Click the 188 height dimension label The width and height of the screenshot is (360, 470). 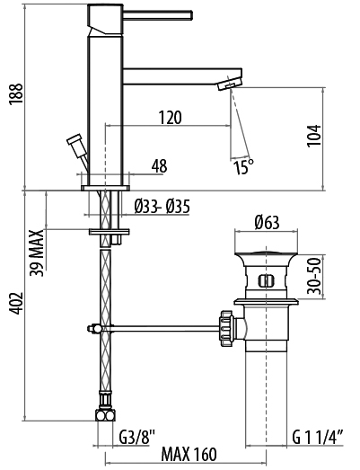click(16, 93)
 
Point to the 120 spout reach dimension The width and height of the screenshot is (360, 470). click(170, 117)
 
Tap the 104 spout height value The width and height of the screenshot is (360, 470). click(314, 136)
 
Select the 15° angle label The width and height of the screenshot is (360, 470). click(244, 166)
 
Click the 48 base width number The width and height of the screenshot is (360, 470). click(159, 165)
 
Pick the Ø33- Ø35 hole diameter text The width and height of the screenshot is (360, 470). click(162, 207)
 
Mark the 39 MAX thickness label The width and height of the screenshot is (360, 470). click(37, 253)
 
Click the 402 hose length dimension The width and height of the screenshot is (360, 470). click(16, 303)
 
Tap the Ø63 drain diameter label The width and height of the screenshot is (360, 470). click(267, 222)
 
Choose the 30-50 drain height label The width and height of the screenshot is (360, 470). click(314, 277)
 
